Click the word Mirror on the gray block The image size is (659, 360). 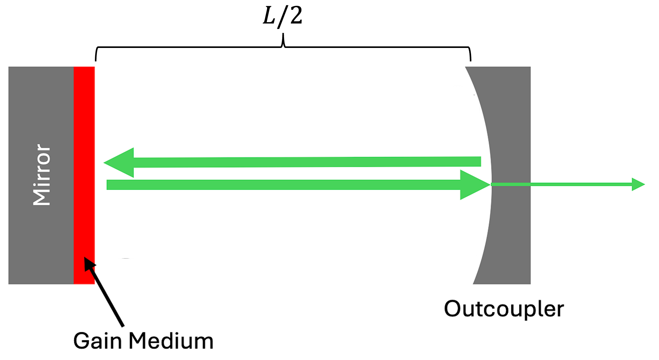[x=41, y=175]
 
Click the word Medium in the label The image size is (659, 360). [x=171, y=341]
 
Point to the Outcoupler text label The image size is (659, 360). [x=504, y=309]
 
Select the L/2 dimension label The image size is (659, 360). [x=283, y=16]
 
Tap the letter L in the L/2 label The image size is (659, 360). [x=269, y=16]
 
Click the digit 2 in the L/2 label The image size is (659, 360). [x=296, y=16]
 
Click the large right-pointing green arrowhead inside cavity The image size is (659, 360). [x=473, y=185]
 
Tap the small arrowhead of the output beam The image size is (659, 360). [x=637, y=184]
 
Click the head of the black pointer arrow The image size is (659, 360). [x=89, y=263]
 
